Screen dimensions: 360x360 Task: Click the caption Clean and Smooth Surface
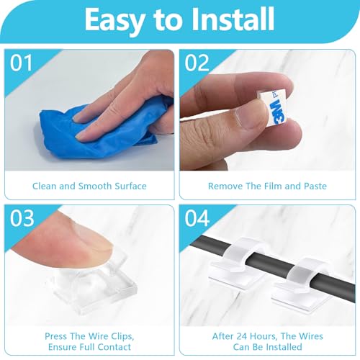[89, 186]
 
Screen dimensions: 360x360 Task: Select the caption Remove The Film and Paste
[266, 186]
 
